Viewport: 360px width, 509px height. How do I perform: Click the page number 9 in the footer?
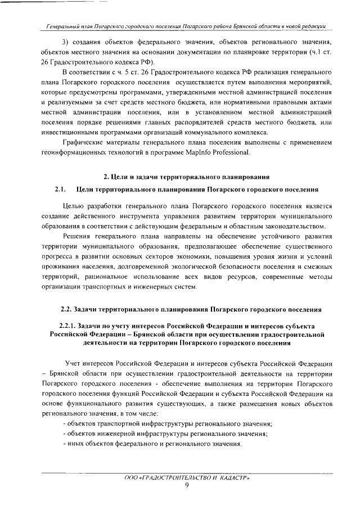click(x=186, y=487)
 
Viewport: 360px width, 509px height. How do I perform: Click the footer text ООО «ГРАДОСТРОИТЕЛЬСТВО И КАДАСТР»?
click(x=186, y=478)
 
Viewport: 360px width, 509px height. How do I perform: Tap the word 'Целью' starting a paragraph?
click(x=74, y=206)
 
